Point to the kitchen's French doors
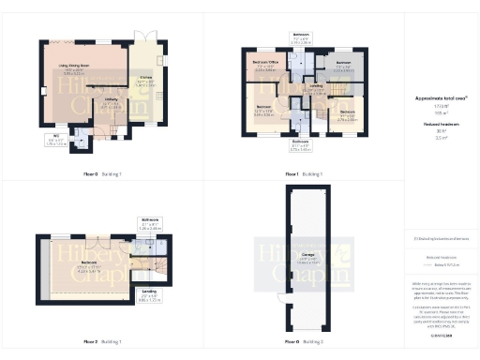145,37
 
